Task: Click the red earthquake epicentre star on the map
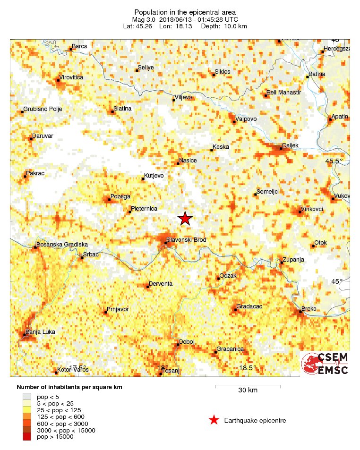click(x=185, y=218)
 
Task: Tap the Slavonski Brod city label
click(x=186, y=240)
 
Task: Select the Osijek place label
click(x=290, y=145)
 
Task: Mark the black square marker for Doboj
click(x=178, y=345)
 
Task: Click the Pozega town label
click(x=120, y=196)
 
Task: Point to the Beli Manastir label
click(x=283, y=93)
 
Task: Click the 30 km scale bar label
click(x=248, y=390)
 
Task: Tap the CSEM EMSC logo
click(x=325, y=364)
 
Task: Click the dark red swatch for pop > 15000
click(x=27, y=437)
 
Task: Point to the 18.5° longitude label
click(x=247, y=368)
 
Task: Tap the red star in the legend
click(x=214, y=420)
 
